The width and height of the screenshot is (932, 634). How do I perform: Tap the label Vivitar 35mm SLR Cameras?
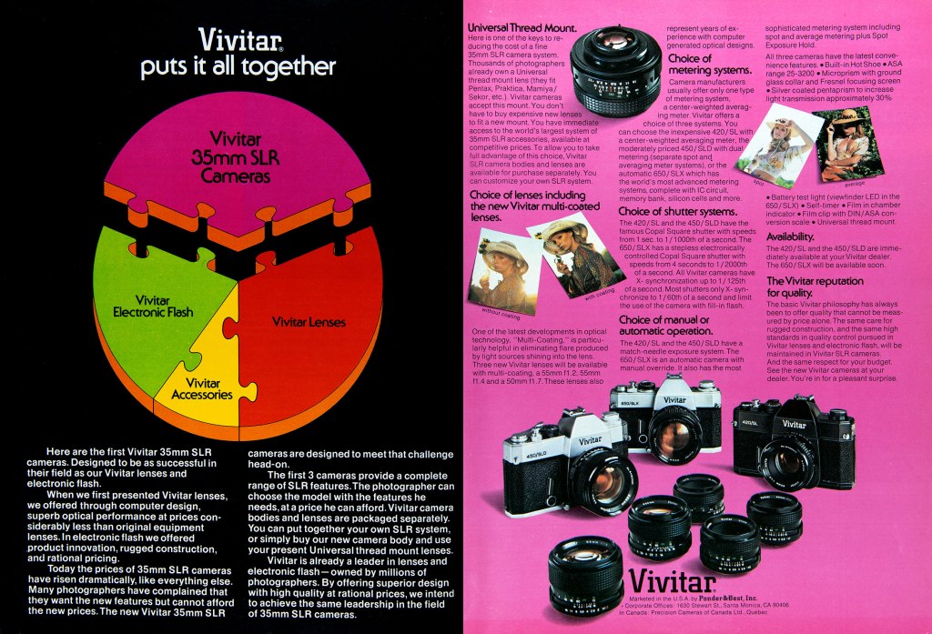pyautogui.click(x=236, y=156)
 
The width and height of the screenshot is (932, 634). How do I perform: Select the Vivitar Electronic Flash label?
pyautogui.click(x=152, y=307)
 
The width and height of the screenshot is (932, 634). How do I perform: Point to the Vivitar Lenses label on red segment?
pyautogui.click(x=309, y=321)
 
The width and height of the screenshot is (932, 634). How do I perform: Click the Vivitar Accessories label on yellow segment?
pyautogui.click(x=202, y=388)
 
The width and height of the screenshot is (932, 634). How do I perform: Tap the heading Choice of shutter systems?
pyautogui.click(x=677, y=211)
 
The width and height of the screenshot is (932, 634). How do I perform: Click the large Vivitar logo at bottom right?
pyautogui.click(x=673, y=579)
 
